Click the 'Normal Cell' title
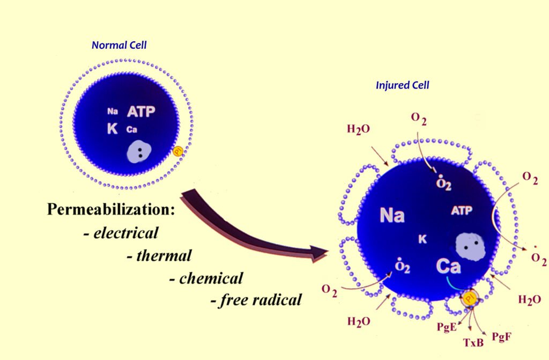point(119,46)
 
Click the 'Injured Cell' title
point(402,85)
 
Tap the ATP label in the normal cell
point(141,112)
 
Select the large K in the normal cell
point(112,129)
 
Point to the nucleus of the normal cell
point(139,153)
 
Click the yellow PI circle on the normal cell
point(178,152)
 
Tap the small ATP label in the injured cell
point(462,211)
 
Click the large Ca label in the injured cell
point(449,266)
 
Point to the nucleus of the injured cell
point(470,247)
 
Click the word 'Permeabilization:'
point(111,209)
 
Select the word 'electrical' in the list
point(125,233)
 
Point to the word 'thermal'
point(164,255)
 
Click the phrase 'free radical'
point(259,300)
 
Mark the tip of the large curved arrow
point(327,252)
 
